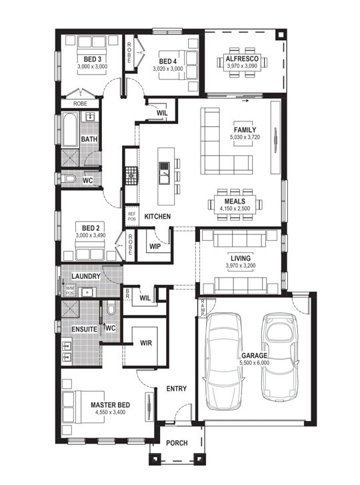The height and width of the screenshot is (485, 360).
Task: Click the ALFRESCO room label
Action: (x=242, y=59)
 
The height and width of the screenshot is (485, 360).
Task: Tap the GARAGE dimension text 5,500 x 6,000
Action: (x=254, y=363)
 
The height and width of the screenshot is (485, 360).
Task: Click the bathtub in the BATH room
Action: (x=70, y=129)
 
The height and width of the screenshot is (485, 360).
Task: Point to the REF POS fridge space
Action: (x=131, y=216)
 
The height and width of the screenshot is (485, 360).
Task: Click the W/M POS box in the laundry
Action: (x=69, y=290)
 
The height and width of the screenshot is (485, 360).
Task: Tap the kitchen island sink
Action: (x=164, y=173)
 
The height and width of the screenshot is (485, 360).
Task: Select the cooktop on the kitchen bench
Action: (x=131, y=175)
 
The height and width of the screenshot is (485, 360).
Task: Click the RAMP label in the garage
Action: (x=203, y=308)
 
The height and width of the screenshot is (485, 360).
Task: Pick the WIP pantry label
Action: (x=155, y=247)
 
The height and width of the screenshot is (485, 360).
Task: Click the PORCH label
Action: (x=177, y=443)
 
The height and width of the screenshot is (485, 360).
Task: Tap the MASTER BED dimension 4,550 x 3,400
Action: (x=110, y=412)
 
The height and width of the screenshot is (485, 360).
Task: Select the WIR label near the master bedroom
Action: (x=146, y=343)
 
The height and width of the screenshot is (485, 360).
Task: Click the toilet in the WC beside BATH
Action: (x=69, y=179)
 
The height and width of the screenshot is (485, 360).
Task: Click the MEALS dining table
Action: (x=235, y=204)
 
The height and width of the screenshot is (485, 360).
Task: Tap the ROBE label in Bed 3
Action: (x=80, y=103)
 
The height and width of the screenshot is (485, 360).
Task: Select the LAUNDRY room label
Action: (x=85, y=276)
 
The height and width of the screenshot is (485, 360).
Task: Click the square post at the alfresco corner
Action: (x=281, y=35)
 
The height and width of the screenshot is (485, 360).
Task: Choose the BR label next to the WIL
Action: (x=127, y=294)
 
